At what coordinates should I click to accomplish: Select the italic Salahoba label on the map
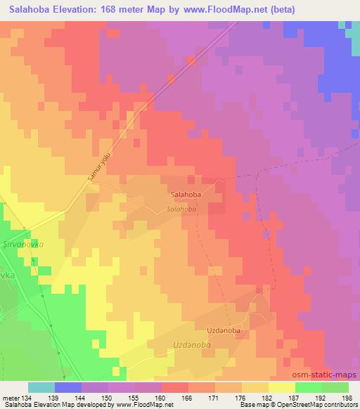(181, 209)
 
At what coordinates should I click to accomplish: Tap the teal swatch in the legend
(41, 387)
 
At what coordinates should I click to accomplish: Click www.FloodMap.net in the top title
(227, 9)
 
